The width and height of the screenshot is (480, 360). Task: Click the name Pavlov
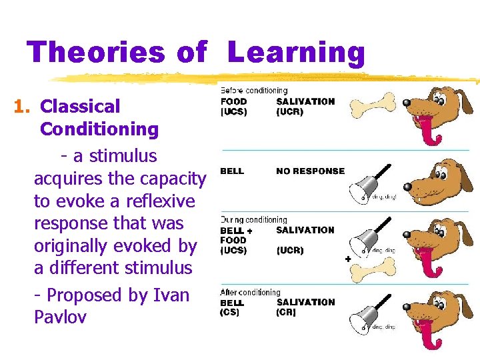(x=60, y=317)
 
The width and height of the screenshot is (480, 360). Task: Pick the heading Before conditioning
(x=254, y=91)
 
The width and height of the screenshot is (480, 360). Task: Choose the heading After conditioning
(x=251, y=292)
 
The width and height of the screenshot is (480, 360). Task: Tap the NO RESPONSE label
(x=310, y=171)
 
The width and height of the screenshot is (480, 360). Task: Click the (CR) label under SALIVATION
(x=287, y=313)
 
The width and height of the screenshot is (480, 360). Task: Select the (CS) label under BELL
(x=230, y=313)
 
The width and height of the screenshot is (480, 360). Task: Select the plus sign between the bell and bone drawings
(x=347, y=257)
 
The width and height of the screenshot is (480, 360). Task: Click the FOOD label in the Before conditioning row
(x=233, y=101)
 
